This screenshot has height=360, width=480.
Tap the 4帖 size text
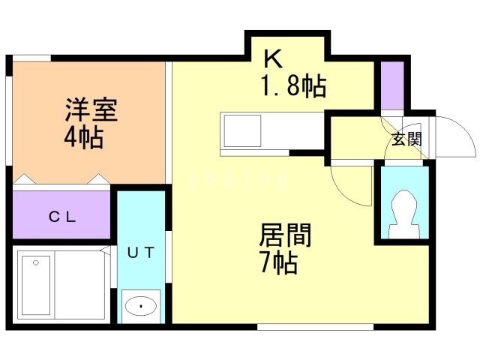point(83,138)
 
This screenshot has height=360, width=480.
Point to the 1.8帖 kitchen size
point(292,88)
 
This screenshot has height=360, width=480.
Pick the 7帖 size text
point(278,263)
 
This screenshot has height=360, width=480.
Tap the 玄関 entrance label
point(406,139)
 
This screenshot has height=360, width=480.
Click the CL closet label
point(63,217)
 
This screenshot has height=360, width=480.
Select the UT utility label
point(141,252)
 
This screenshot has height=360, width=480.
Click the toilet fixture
point(403,213)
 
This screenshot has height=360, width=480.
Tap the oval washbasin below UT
point(141,306)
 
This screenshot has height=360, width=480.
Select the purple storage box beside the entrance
point(392,85)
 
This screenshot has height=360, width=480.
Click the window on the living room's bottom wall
point(315,326)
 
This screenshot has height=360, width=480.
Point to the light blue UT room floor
point(141,225)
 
